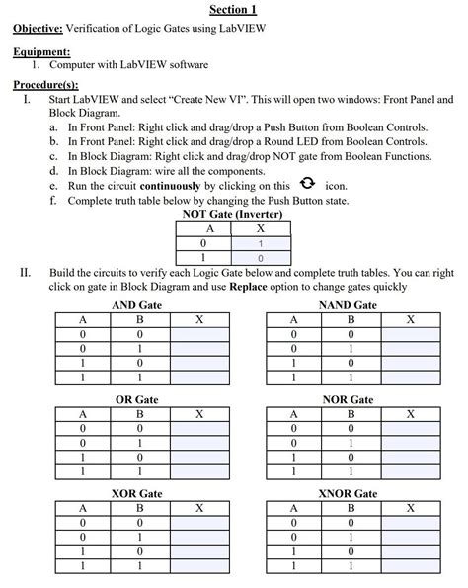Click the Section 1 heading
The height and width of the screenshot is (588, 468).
coord(233,10)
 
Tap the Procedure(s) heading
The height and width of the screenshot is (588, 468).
coord(44,86)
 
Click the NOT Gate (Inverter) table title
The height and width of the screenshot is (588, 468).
coord(233,214)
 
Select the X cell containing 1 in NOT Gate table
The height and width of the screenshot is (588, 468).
coord(261,242)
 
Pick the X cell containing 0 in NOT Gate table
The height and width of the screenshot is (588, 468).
coord(261,257)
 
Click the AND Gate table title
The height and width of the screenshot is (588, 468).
coord(137,305)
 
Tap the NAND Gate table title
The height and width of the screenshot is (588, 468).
coord(349,305)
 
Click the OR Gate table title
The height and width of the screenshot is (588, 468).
coord(137,399)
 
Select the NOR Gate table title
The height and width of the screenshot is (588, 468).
coord(349,399)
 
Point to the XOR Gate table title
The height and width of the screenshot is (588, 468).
coord(137,492)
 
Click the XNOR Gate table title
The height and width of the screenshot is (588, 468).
coord(349,492)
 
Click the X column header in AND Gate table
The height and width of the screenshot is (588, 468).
coord(200,320)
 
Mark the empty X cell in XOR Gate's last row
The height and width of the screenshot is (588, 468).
coord(200,567)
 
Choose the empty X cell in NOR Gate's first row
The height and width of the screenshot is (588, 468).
coord(411,429)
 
